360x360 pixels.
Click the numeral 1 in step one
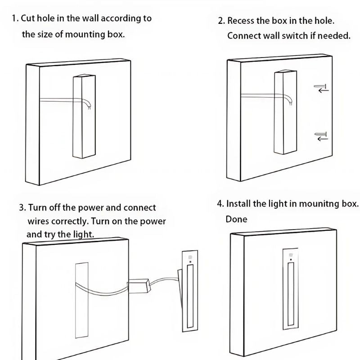(x=14, y=19)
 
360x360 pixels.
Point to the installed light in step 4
(x=291, y=288)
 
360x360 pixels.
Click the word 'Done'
(x=236, y=219)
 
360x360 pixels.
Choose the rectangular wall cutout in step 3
(x=81, y=299)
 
